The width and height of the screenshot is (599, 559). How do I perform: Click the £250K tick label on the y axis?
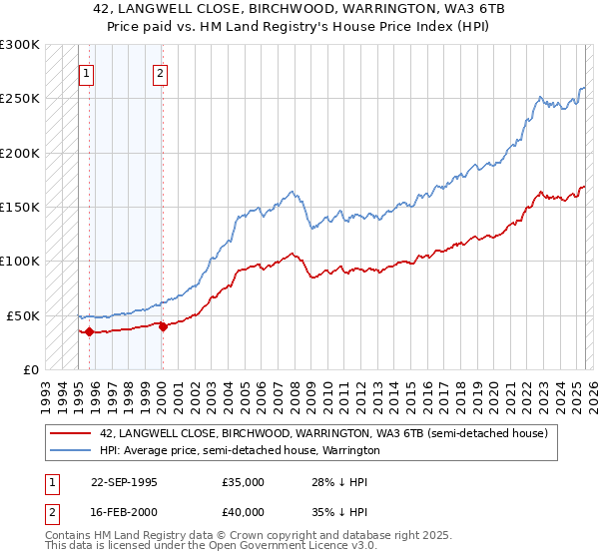click(x=20, y=99)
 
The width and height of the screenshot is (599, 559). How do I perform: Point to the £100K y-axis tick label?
click(x=20, y=261)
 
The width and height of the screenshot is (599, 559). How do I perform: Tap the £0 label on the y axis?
click(x=30, y=369)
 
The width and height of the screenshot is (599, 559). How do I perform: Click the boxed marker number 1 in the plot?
click(x=87, y=72)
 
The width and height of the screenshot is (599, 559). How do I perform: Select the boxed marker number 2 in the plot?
click(x=160, y=72)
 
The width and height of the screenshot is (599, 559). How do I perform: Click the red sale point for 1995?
click(x=89, y=331)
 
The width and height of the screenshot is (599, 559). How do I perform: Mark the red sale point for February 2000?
click(x=163, y=326)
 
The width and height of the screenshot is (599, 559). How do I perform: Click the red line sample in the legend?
click(x=71, y=434)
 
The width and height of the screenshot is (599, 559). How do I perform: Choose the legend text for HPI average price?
click(x=240, y=450)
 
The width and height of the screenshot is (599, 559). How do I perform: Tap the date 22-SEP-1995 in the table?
click(x=124, y=482)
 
